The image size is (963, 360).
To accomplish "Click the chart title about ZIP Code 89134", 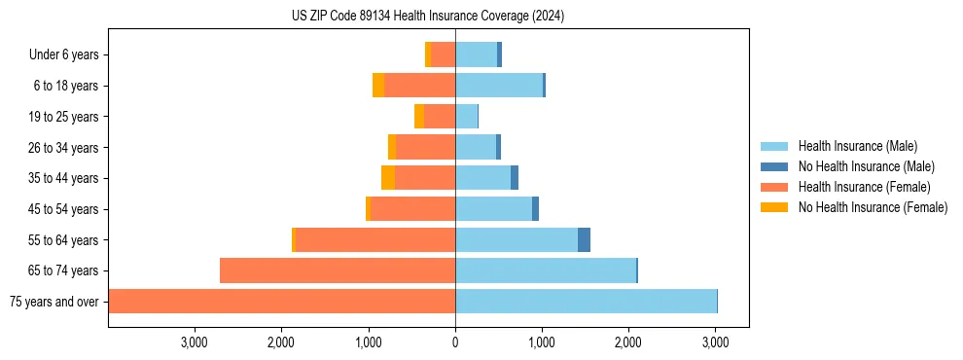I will [x=428, y=17].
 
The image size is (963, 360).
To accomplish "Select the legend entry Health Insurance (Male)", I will [x=857, y=146].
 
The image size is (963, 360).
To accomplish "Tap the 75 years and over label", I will [x=53, y=302].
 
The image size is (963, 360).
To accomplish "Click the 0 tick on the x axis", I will [x=455, y=342].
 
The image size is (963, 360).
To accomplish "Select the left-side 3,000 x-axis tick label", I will [x=195, y=342].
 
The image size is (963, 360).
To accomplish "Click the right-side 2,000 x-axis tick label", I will [x=628, y=342].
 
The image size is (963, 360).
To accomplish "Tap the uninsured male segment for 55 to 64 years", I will [x=584, y=239].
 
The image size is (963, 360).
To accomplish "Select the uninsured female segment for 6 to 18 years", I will [x=378, y=86].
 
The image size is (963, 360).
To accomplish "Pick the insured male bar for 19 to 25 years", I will [x=466, y=117].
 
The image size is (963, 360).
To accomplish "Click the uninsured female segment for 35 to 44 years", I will [x=388, y=178].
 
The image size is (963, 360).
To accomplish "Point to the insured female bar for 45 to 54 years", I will [x=413, y=209].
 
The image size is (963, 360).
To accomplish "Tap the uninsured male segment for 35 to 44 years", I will [x=515, y=178].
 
